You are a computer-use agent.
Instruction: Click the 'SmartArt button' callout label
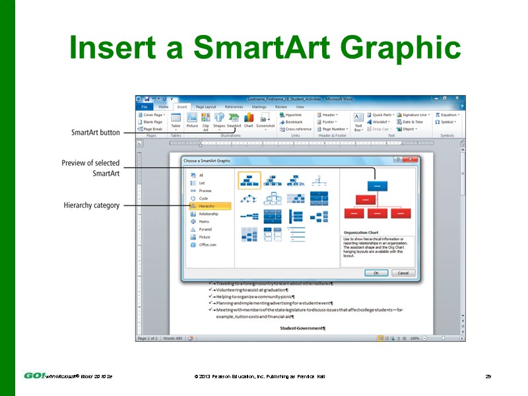pyautogui.click(x=96, y=133)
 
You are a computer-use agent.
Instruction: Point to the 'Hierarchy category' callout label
pyautogui.click(x=91, y=205)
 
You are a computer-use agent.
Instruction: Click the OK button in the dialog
pyautogui.click(x=376, y=273)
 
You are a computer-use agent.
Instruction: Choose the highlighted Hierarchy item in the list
pyautogui.click(x=211, y=206)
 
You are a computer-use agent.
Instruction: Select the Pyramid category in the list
pyautogui.click(x=206, y=229)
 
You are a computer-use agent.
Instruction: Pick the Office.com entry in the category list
pyautogui.click(x=208, y=244)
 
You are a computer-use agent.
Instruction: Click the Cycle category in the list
pyautogui.click(x=203, y=198)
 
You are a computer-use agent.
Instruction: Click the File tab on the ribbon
pyautogui.click(x=144, y=106)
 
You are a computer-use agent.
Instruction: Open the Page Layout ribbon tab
pyautogui.click(x=205, y=106)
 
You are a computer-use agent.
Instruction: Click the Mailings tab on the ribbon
pyautogui.click(x=259, y=106)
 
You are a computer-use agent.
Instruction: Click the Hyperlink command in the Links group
pyautogui.click(x=293, y=115)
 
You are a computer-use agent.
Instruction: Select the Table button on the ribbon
pyautogui.click(x=176, y=119)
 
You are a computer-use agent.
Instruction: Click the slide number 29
pyautogui.click(x=488, y=376)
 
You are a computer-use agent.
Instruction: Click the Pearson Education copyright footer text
pyautogui.click(x=259, y=376)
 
